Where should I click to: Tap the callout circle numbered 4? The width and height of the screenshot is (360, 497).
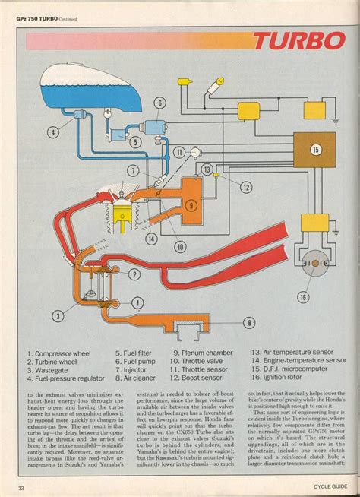(52, 131)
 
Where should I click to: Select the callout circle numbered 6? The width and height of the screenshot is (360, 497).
(160, 103)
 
